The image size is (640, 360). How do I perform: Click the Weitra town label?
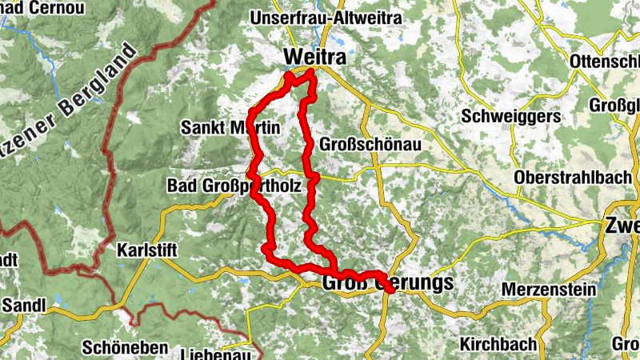[313, 57]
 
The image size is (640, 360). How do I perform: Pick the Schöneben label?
[125, 348]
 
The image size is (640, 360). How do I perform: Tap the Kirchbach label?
[498, 344]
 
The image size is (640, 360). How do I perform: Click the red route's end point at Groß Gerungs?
[390, 289]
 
